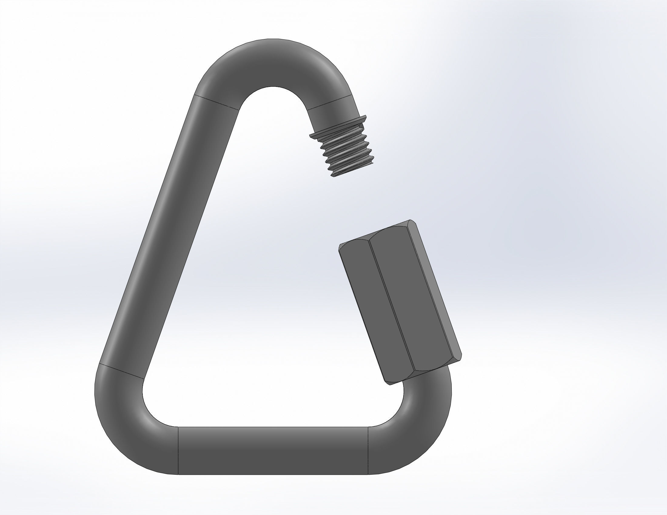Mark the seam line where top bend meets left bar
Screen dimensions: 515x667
point(217,102)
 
